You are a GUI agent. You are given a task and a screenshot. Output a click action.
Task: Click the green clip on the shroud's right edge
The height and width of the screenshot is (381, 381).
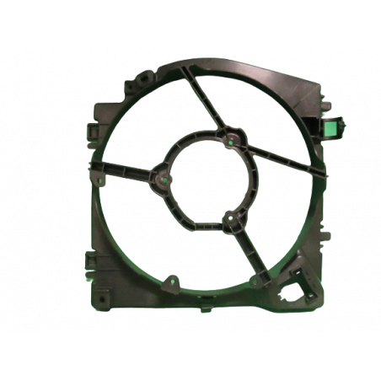[x=330, y=127]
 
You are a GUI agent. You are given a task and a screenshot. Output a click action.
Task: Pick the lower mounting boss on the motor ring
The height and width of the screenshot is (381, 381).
[x=229, y=222]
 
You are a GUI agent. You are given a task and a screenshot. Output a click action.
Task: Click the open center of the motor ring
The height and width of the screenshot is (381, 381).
[x=207, y=180]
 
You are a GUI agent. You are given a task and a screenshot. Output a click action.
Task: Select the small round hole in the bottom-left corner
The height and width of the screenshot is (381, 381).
[x=100, y=298]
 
